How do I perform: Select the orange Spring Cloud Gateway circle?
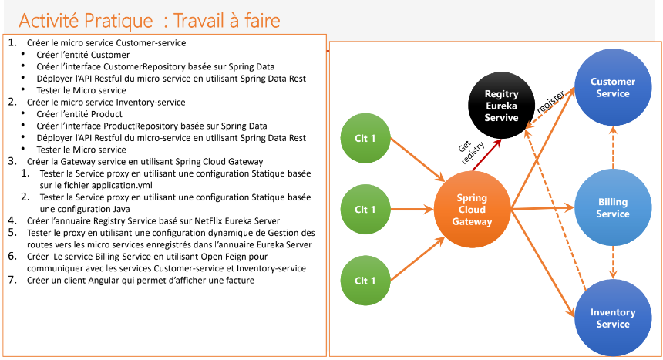(472, 209)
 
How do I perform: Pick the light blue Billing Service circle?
(613, 208)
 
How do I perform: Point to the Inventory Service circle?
(613, 318)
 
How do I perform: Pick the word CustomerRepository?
(123, 67)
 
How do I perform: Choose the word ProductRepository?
(121, 126)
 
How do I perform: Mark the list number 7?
(12, 281)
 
